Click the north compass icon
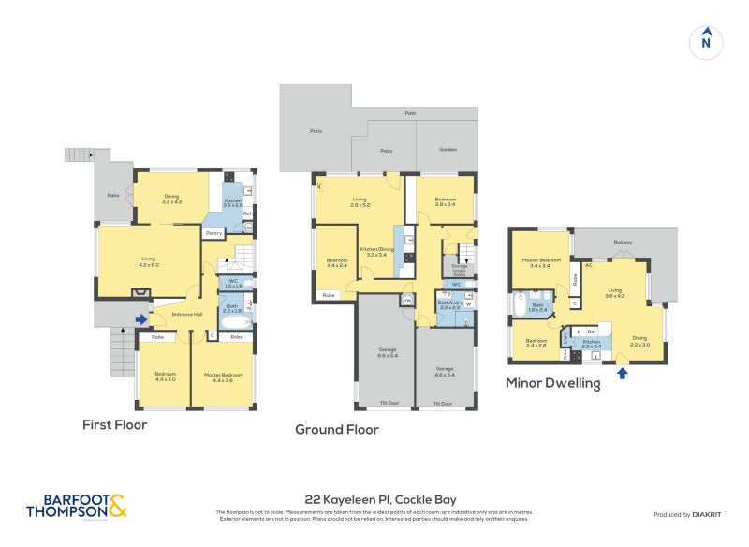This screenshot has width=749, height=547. pos(706,42)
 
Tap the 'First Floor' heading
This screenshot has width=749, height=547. pos(115,424)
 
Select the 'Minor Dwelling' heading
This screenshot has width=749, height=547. pos(552,382)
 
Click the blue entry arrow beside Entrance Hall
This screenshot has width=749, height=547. pos(140,319)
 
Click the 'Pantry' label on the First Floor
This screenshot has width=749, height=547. pos(213,234)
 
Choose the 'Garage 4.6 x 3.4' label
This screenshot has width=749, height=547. pos(444,371)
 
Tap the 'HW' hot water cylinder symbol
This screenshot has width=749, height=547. pos(406,300)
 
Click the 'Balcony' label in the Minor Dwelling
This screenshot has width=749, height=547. pos(623,243)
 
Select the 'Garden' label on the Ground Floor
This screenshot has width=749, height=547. pos(448,150)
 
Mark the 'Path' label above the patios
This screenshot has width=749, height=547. pos(410,113)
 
